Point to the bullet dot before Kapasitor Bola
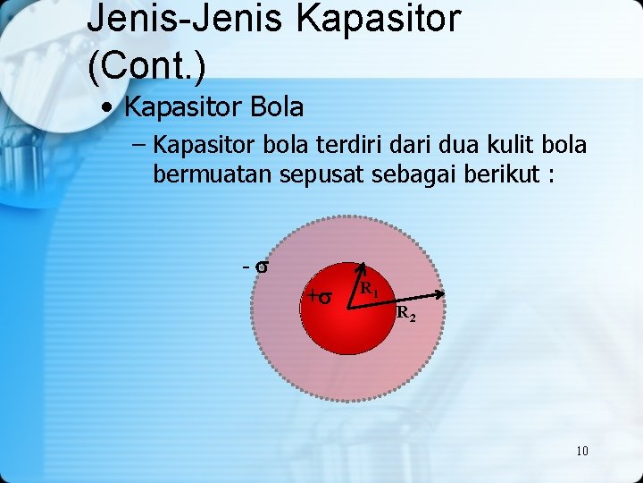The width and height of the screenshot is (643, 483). (107, 108)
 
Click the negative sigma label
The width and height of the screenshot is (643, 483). (257, 267)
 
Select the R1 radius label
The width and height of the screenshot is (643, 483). (369, 289)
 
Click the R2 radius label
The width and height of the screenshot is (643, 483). (405, 314)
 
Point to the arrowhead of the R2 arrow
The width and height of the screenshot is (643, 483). (441, 294)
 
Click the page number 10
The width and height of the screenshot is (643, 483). (581, 450)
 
